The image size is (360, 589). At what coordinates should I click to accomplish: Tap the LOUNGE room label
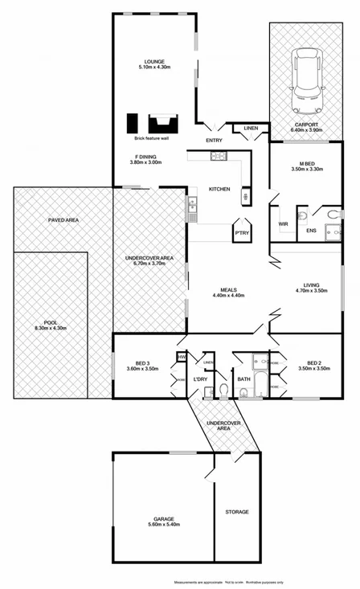153,62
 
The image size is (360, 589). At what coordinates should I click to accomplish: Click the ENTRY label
214,141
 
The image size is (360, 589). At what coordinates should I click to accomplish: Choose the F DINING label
145,157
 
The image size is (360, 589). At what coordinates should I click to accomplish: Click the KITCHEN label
219,189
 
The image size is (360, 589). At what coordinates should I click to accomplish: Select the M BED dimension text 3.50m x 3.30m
306,170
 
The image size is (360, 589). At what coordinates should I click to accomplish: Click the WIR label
283,224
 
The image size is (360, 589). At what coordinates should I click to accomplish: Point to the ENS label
311,231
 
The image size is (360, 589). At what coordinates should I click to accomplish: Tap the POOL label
51,322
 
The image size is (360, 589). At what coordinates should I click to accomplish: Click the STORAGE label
237,512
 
